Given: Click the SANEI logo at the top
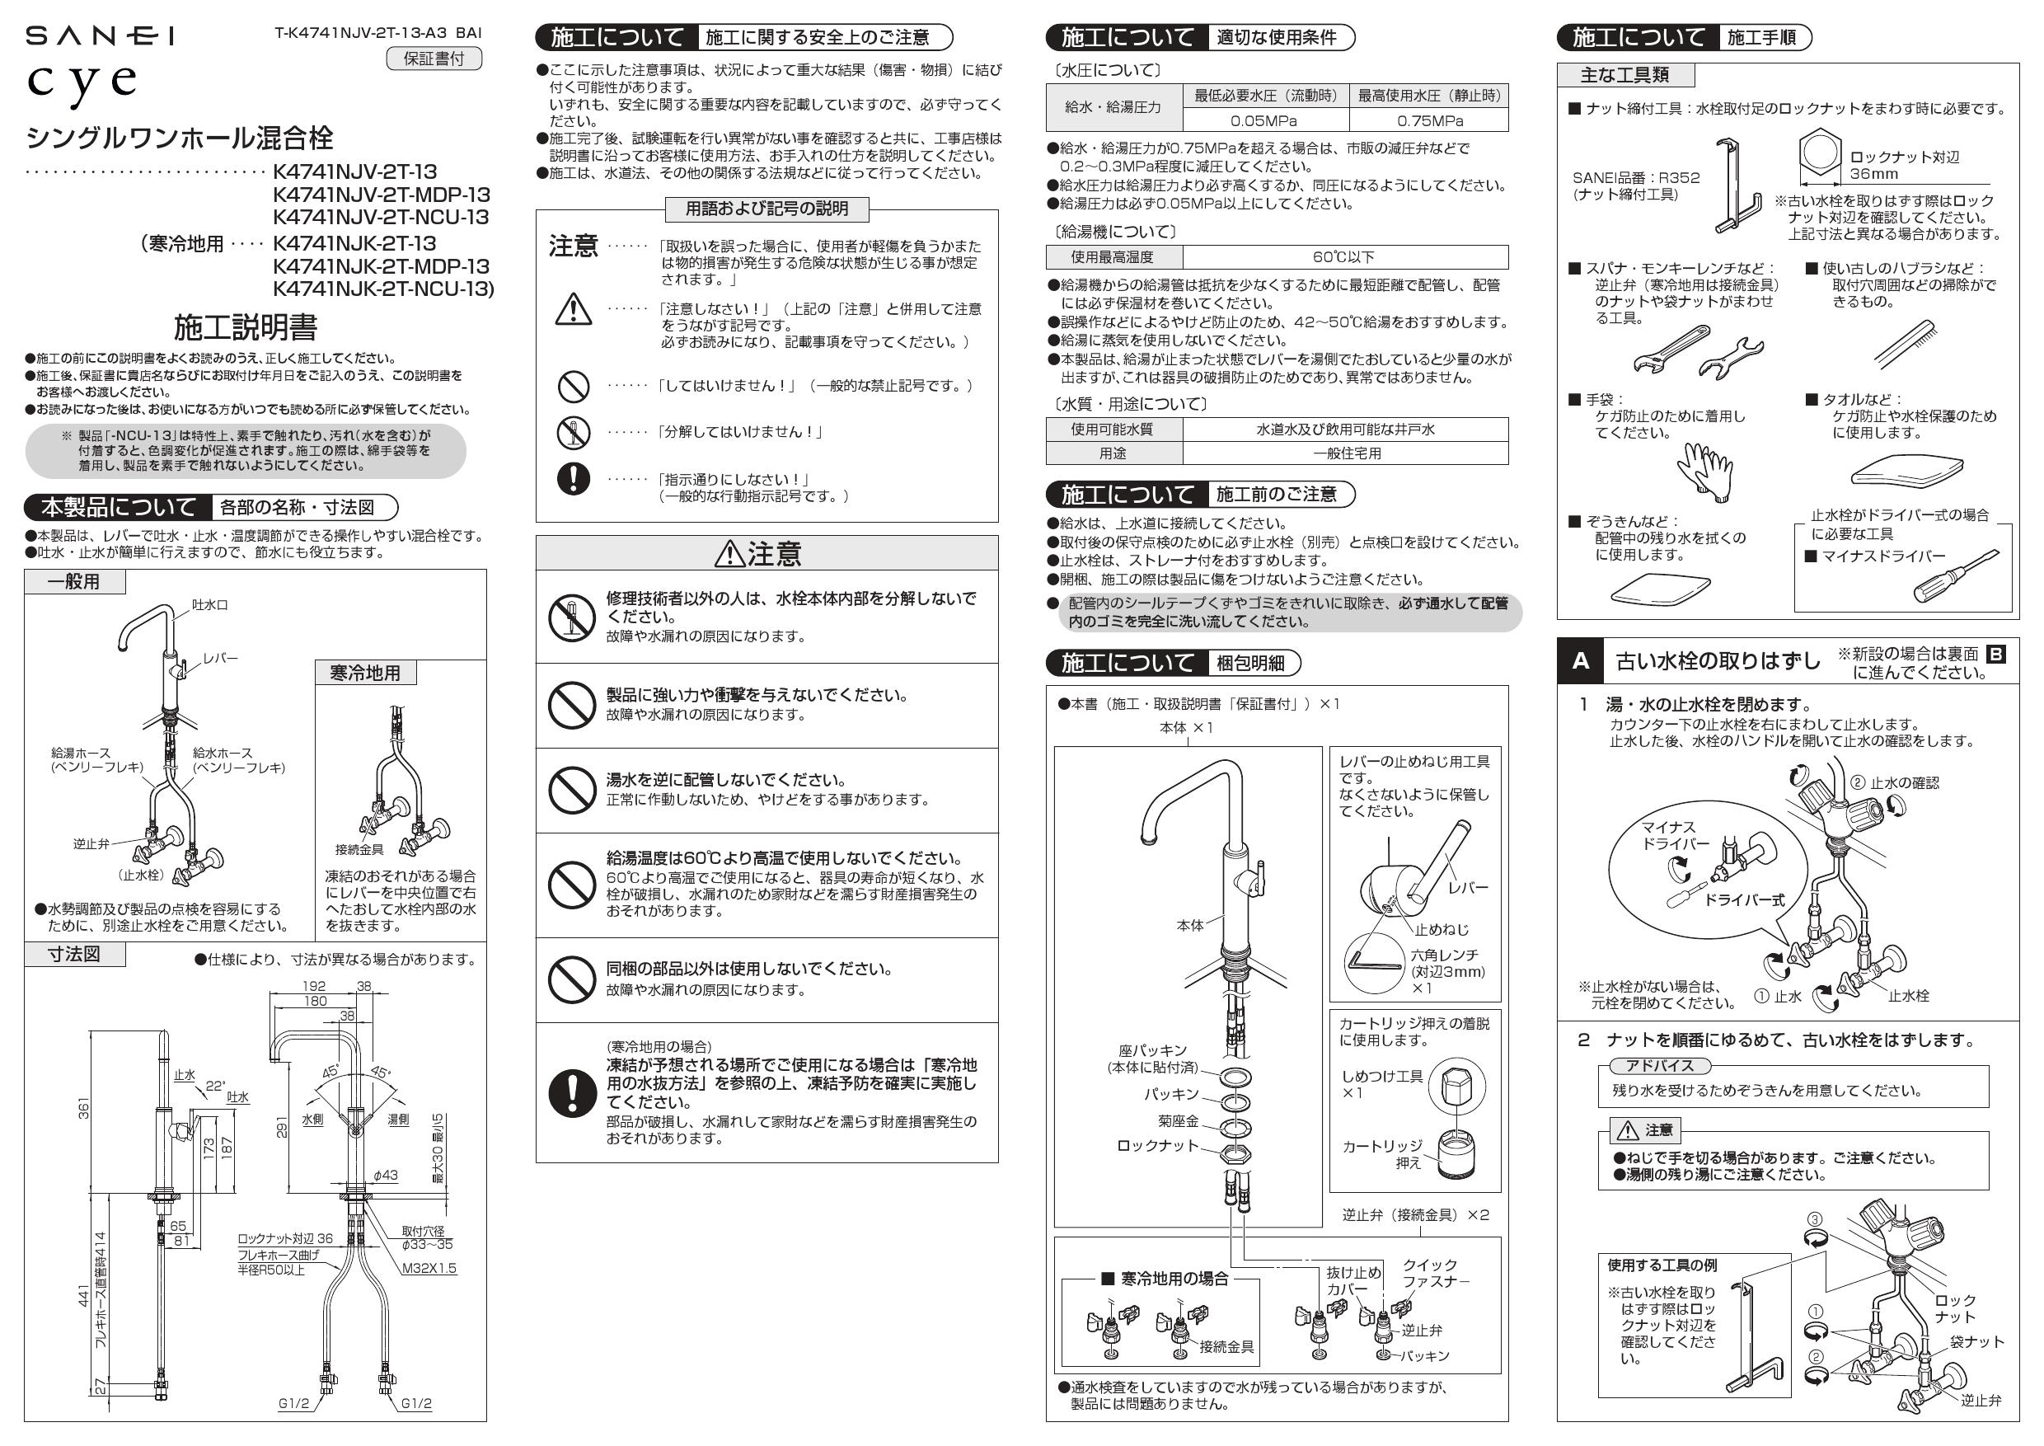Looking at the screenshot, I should tap(99, 35).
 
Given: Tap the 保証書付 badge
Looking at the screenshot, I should tap(434, 59).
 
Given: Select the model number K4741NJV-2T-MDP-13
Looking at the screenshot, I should tap(381, 194).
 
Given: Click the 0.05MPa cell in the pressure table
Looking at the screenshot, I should tap(1264, 120).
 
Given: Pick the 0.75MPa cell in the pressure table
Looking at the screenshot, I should tap(1429, 120).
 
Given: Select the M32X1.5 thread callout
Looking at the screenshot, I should tap(429, 1268).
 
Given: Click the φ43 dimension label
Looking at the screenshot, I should tap(385, 1176).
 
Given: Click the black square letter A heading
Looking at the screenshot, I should tap(1580, 660).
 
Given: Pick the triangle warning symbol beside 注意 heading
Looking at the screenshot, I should tap(730, 554).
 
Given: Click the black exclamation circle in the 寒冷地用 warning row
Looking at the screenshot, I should tap(573, 1092).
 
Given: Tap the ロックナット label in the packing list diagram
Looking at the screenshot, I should tap(1157, 1146).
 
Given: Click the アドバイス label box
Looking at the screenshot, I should tap(1658, 1066).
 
